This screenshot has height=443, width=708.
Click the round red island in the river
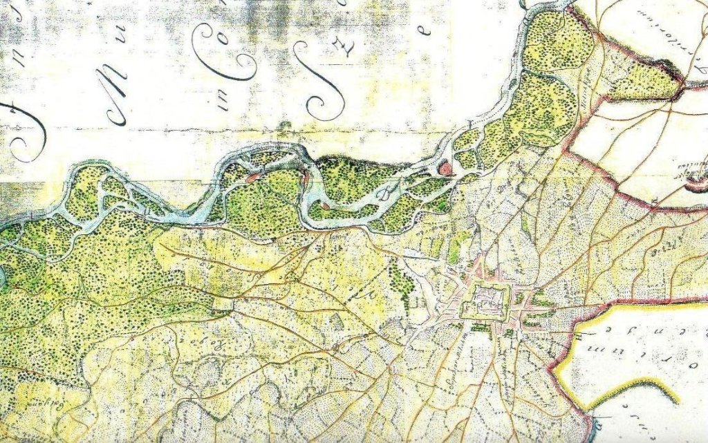coord(446,168)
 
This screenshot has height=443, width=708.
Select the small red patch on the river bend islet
coord(306,180)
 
